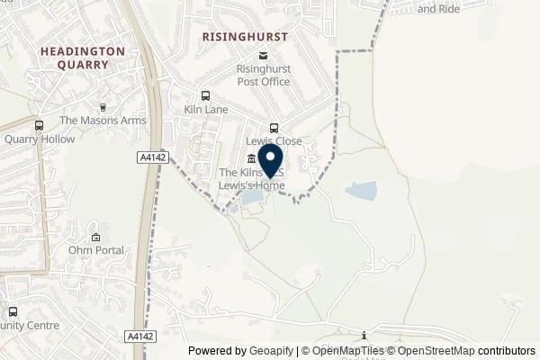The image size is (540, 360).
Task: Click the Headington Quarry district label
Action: pyautogui.click(x=82, y=58)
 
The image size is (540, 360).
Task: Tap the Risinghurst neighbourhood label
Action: pyautogui.click(x=244, y=37)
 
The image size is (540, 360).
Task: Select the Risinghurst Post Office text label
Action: pyautogui.click(x=262, y=75)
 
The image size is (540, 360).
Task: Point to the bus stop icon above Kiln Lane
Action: pyautogui.click(x=206, y=95)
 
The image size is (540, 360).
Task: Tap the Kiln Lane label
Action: pyautogui.click(x=205, y=110)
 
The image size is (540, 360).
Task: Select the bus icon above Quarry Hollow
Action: pyautogui.click(x=39, y=125)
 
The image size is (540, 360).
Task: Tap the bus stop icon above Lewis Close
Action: pyautogui.click(x=274, y=127)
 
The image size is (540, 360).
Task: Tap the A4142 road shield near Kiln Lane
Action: pyautogui.click(x=151, y=157)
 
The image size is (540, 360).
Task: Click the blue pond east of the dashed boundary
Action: pyautogui.click(x=362, y=191)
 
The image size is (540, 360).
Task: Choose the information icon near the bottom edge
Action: pyautogui.click(x=364, y=335)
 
